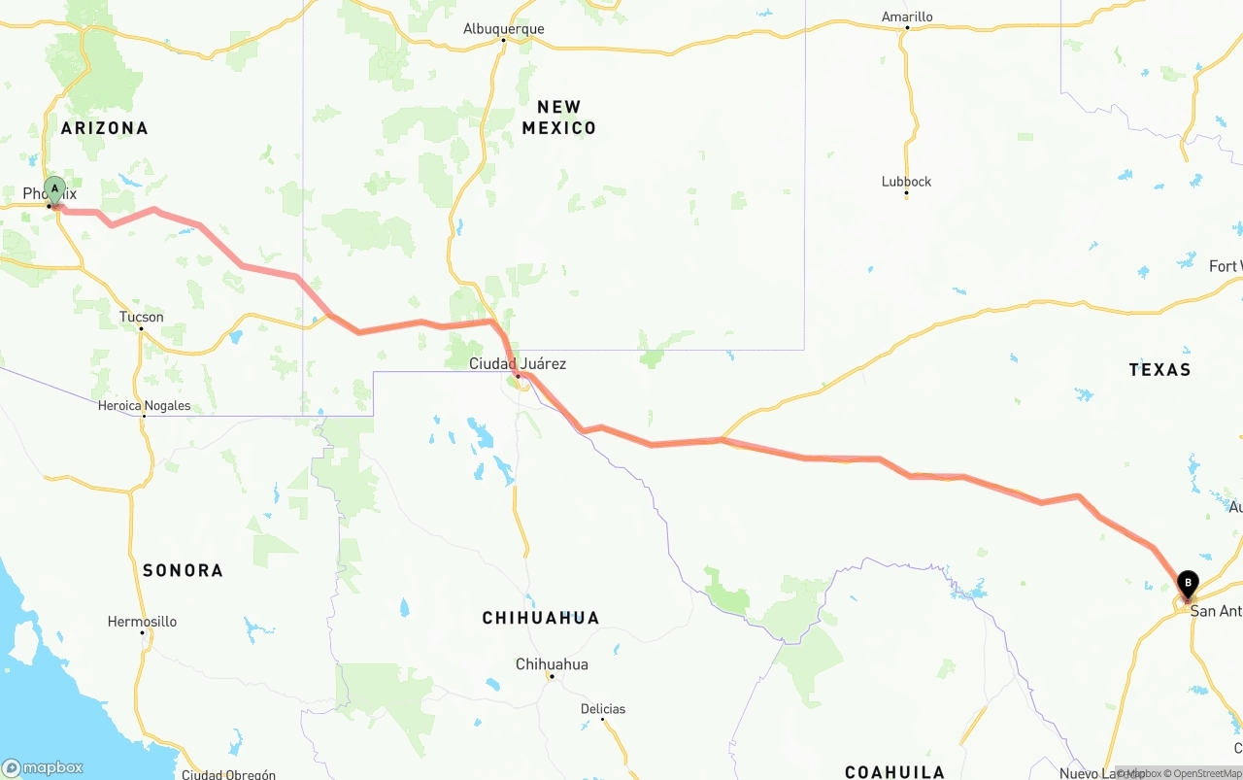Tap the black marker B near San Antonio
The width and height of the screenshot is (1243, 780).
(1187, 584)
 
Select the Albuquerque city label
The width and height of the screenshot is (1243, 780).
(503, 29)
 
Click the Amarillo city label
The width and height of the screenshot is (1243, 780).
(907, 17)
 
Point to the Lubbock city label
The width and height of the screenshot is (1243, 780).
(906, 182)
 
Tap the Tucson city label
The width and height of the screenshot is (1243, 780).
(142, 317)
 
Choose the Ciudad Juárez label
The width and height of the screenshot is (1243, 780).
(518, 363)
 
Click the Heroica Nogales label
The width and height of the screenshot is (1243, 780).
(144, 406)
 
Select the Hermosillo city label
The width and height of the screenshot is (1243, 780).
(142, 622)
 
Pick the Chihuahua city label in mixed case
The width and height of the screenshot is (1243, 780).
(552, 664)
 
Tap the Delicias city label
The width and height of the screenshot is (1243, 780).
(603, 709)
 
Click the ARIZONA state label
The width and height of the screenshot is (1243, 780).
(105, 128)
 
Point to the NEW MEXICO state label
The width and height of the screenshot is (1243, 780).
(559, 118)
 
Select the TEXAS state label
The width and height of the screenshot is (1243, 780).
(1159, 370)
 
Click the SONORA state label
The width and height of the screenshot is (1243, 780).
(183, 571)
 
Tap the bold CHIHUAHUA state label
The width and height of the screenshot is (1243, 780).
(541, 618)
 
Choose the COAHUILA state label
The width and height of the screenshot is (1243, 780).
(894, 772)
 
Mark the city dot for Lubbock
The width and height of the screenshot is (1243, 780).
(906, 194)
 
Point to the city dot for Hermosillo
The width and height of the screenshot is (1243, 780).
(142, 633)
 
